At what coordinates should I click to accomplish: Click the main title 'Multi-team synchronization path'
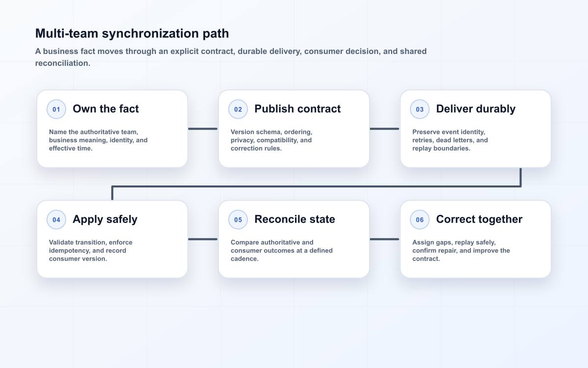click(132, 34)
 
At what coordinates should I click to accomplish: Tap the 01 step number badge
click(56, 109)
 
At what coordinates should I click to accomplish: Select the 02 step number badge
click(238, 109)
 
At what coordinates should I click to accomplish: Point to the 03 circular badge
click(419, 109)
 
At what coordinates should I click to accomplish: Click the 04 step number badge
click(56, 219)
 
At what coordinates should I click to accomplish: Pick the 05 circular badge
click(238, 219)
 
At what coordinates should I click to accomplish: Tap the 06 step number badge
click(419, 219)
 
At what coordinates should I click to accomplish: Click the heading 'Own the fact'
click(106, 109)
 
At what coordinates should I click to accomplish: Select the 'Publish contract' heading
click(297, 109)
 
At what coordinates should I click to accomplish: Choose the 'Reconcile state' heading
click(294, 219)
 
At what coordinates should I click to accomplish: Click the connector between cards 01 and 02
click(203, 129)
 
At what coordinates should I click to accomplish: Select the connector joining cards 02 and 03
click(384, 129)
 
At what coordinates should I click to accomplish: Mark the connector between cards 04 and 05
click(203, 239)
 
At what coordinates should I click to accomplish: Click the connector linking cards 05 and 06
click(384, 239)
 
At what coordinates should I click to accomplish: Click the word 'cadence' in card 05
click(244, 259)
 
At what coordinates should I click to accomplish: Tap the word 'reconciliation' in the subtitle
click(62, 63)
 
